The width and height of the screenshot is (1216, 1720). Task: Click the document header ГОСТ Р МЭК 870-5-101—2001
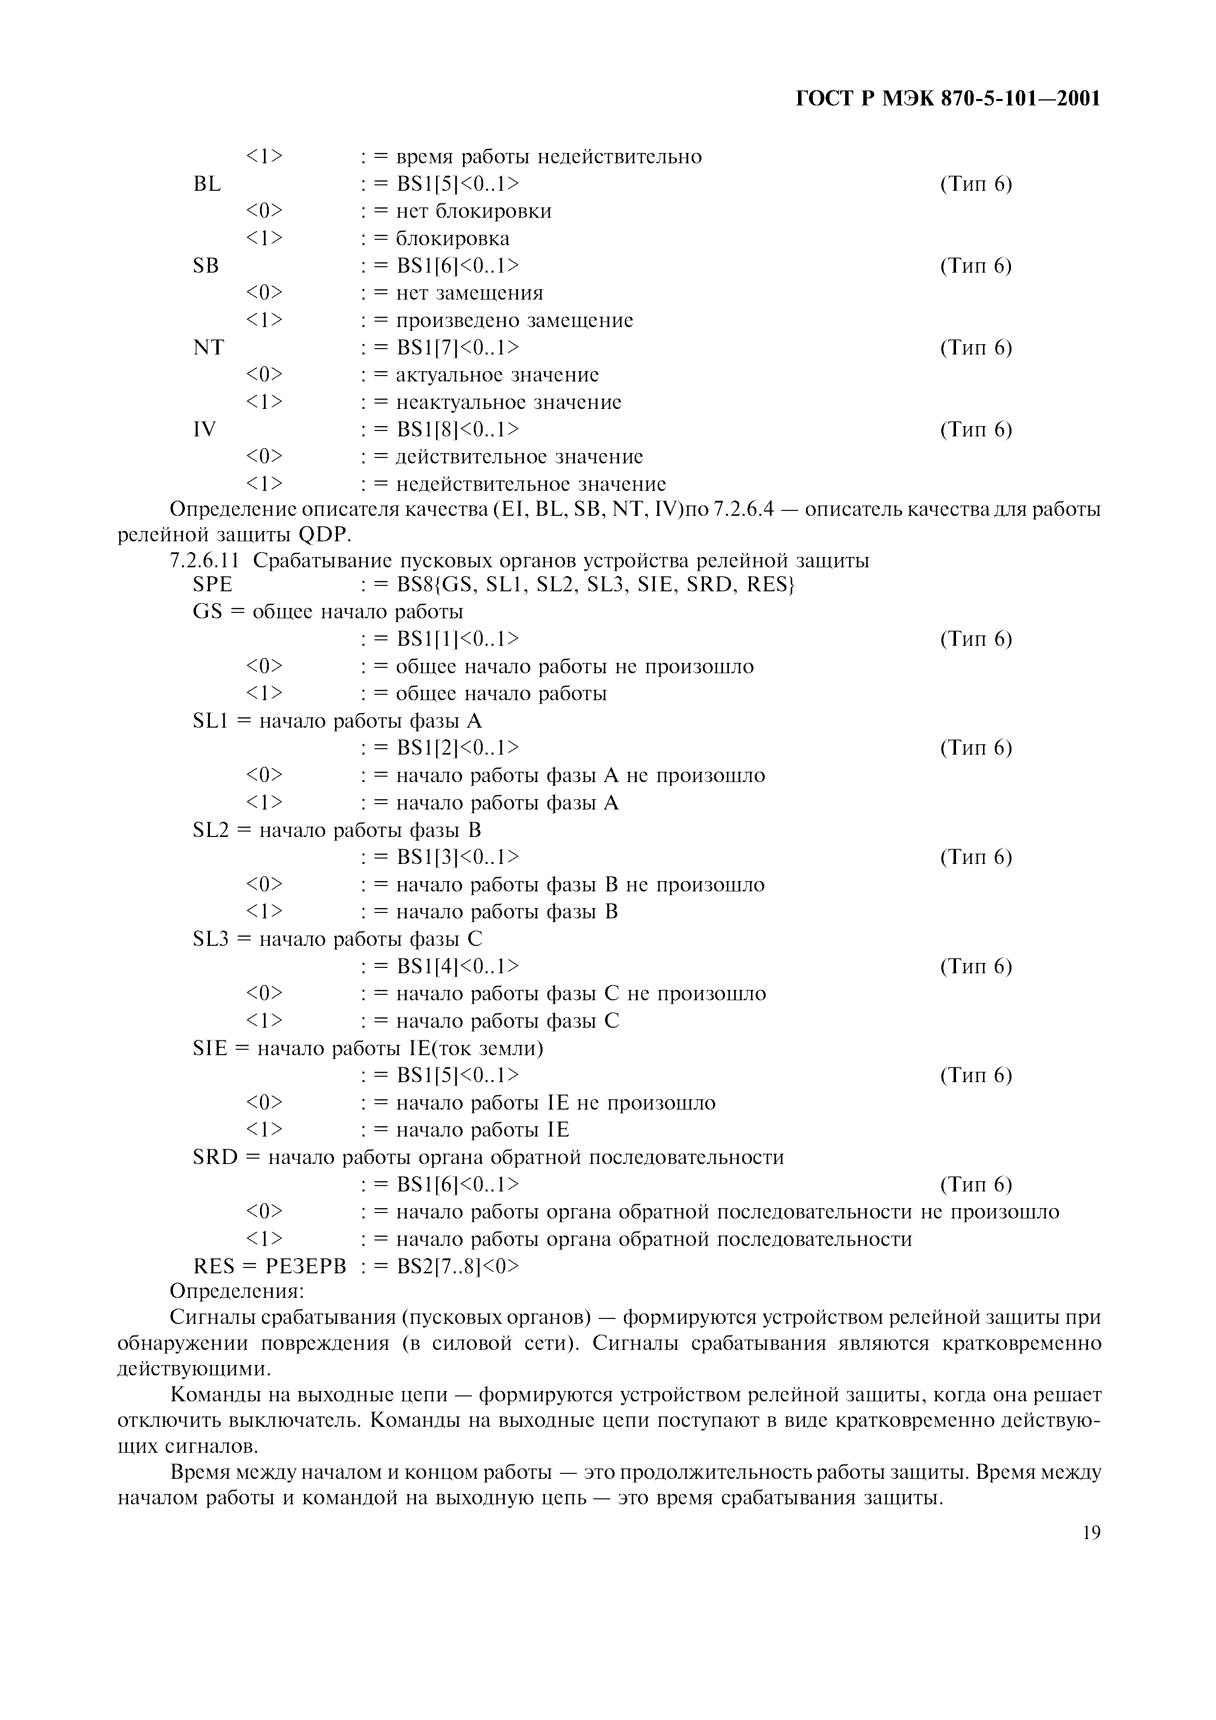click(948, 98)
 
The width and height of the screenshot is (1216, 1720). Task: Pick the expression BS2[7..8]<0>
click(458, 1266)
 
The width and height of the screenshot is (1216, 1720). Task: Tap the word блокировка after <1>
click(453, 239)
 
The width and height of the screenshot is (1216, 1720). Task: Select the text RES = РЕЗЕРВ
click(270, 1266)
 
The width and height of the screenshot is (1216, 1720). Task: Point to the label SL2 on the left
click(210, 830)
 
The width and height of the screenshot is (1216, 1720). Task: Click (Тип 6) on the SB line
click(976, 266)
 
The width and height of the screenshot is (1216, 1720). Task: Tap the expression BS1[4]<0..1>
click(458, 965)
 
